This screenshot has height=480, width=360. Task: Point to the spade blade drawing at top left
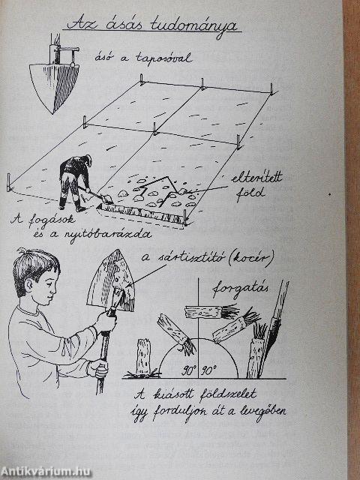pyautogui.click(x=55, y=87)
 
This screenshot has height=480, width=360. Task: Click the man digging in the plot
pyautogui.click(x=75, y=183)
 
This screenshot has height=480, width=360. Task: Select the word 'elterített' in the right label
pyautogui.click(x=256, y=178)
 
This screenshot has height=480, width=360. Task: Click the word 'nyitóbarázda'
pyautogui.click(x=108, y=235)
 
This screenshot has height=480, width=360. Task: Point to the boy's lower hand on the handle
pyautogui.click(x=98, y=369)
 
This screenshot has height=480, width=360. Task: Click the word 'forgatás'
pyautogui.click(x=241, y=289)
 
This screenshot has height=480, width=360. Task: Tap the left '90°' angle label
pyautogui.click(x=188, y=371)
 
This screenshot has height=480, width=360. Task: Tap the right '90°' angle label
pyautogui.click(x=208, y=371)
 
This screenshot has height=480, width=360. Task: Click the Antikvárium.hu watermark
pyautogui.click(x=46, y=472)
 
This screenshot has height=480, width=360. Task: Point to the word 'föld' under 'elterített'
pyautogui.click(x=250, y=193)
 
